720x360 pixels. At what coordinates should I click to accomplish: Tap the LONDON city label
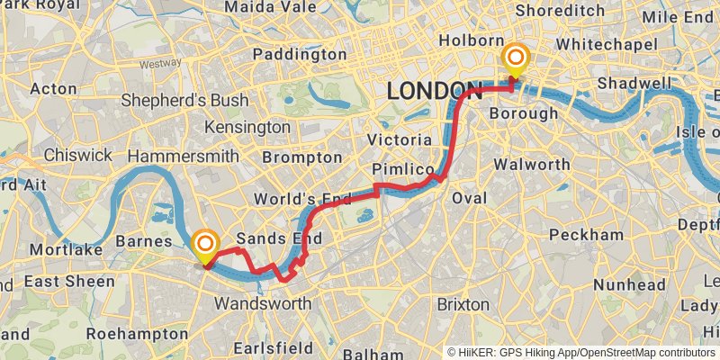click(x=433, y=91)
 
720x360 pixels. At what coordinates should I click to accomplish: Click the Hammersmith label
click(x=183, y=157)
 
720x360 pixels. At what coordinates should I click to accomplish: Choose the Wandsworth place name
click(x=262, y=303)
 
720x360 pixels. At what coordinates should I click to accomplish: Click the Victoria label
click(x=400, y=140)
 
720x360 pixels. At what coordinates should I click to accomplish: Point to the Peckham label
click(x=585, y=235)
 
